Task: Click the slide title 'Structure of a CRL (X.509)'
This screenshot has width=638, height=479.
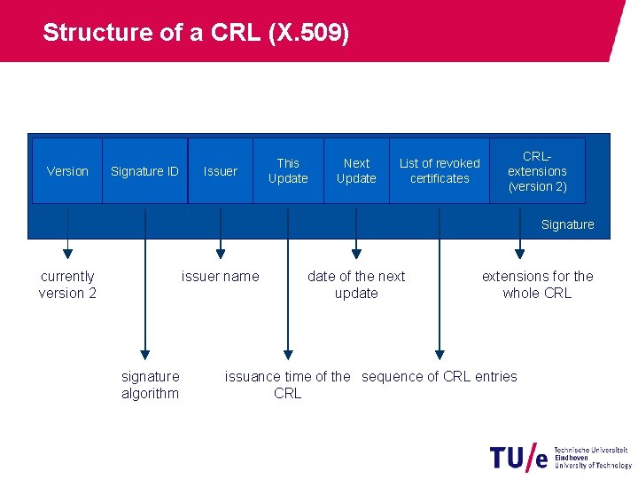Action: pyautogui.click(x=196, y=33)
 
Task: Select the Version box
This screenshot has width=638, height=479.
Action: pyautogui.click(x=67, y=171)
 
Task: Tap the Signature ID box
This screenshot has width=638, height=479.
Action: pyautogui.click(x=144, y=171)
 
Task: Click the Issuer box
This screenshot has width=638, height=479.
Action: pyautogui.click(x=221, y=171)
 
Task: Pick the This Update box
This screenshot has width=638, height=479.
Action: pyautogui.click(x=288, y=170)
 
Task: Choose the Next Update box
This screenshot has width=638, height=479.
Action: pyautogui.click(x=356, y=170)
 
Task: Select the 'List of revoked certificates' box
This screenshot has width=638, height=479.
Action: pyautogui.click(x=440, y=170)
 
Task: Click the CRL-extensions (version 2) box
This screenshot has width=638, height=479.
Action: pyautogui.click(x=537, y=170)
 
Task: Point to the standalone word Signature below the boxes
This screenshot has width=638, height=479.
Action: pyautogui.click(x=567, y=224)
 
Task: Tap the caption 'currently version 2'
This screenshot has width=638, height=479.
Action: pyautogui.click(x=67, y=285)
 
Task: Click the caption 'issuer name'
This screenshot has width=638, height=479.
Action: pyautogui.click(x=221, y=276)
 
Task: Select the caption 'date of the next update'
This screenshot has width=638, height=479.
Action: pyautogui.click(x=356, y=285)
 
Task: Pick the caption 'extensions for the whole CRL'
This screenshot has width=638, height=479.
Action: pyautogui.click(x=537, y=285)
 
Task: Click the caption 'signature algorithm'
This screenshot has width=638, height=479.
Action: pyautogui.click(x=150, y=385)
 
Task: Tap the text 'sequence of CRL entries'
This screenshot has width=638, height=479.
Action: pyautogui.click(x=440, y=376)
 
